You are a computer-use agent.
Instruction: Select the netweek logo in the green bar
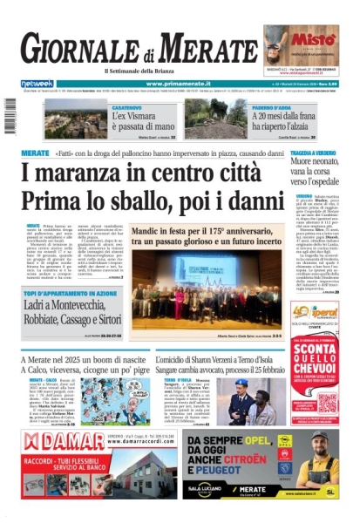pyautogui.click(x=37, y=84)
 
